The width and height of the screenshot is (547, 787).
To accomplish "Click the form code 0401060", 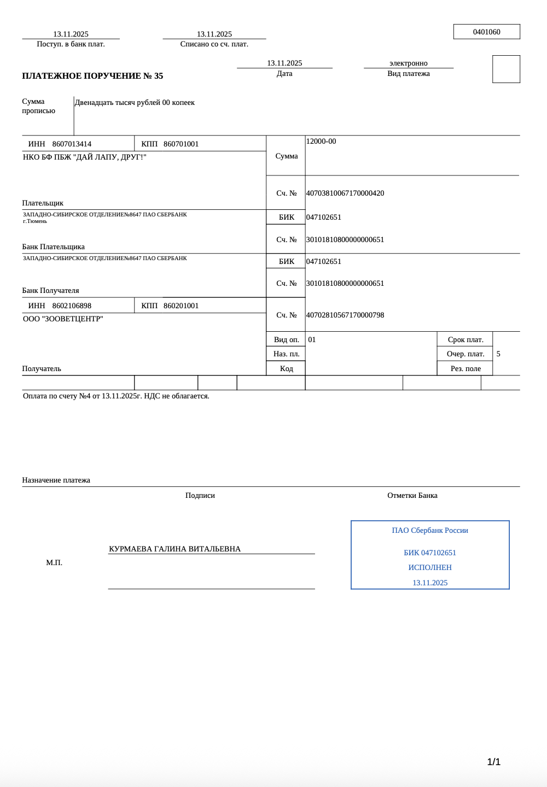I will tap(486, 32).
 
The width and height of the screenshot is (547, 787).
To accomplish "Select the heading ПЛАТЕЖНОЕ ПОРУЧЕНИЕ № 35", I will tap(92, 76).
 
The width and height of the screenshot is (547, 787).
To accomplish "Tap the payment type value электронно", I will tap(408, 63).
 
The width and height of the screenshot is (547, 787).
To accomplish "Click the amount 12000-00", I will tap(321, 142).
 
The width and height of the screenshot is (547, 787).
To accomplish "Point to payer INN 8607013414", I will tap(72, 144).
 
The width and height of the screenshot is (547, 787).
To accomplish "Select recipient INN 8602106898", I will tap(72, 306).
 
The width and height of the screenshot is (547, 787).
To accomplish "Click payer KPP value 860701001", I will tap(181, 144).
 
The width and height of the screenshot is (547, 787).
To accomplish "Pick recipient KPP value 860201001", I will tap(181, 306).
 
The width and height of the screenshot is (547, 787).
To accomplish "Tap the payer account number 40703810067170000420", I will tap(345, 193).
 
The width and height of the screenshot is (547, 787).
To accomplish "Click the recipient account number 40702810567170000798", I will tap(345, 315).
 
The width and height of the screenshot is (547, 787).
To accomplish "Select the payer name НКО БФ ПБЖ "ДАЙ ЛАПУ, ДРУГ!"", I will tap(85, 157).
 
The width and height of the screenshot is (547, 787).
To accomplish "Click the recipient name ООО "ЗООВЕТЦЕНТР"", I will tap(63, 319).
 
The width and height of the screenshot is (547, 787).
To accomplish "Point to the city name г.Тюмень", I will tap(35, 221).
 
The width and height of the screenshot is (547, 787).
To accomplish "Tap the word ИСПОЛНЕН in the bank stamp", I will tap(430, 568).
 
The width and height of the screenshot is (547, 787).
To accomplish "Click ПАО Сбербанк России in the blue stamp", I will tap(430, 531).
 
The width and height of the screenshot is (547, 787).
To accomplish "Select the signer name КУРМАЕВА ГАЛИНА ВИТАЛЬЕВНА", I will tap(174, 549).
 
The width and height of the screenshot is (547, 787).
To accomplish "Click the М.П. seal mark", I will tap(54, 563).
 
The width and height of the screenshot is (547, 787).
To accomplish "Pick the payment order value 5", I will tap(498, 354).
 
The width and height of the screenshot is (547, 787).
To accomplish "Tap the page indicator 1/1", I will tap(494, 762).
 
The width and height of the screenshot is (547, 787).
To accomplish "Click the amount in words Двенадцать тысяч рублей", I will tap(135, 103).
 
